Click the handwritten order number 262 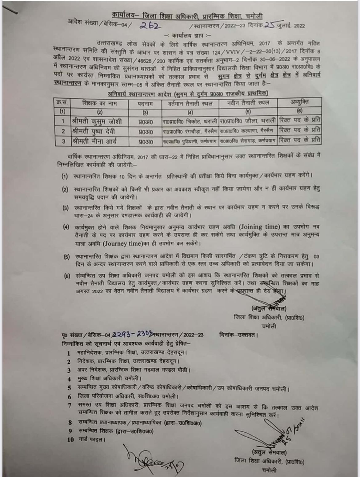150,26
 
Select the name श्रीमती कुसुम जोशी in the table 96,121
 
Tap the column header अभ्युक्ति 299,102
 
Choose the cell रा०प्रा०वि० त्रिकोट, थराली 190,121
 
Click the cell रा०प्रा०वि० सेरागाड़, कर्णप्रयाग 248,141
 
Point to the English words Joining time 260,227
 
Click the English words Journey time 122,244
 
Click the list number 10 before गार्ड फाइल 70,439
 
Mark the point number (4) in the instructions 66,227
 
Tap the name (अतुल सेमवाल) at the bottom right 269,452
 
